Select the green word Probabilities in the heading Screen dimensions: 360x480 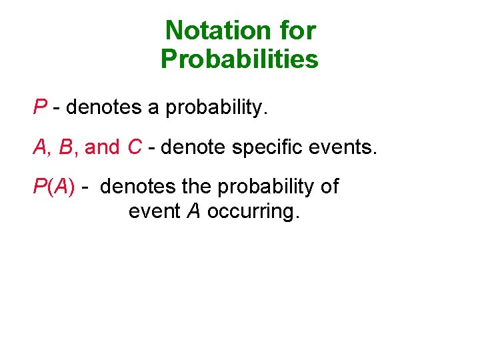pyautogui.click(x=240, y=60)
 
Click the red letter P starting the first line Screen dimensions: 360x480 pyautogui.click(x=40, y=107)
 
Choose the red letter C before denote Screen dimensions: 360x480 pyautogui.click(x=134, y=147)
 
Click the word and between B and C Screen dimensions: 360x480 pyautogui.click(x=101, y=147)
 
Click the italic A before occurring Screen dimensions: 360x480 pyautogui.click(x=194, y=211)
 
